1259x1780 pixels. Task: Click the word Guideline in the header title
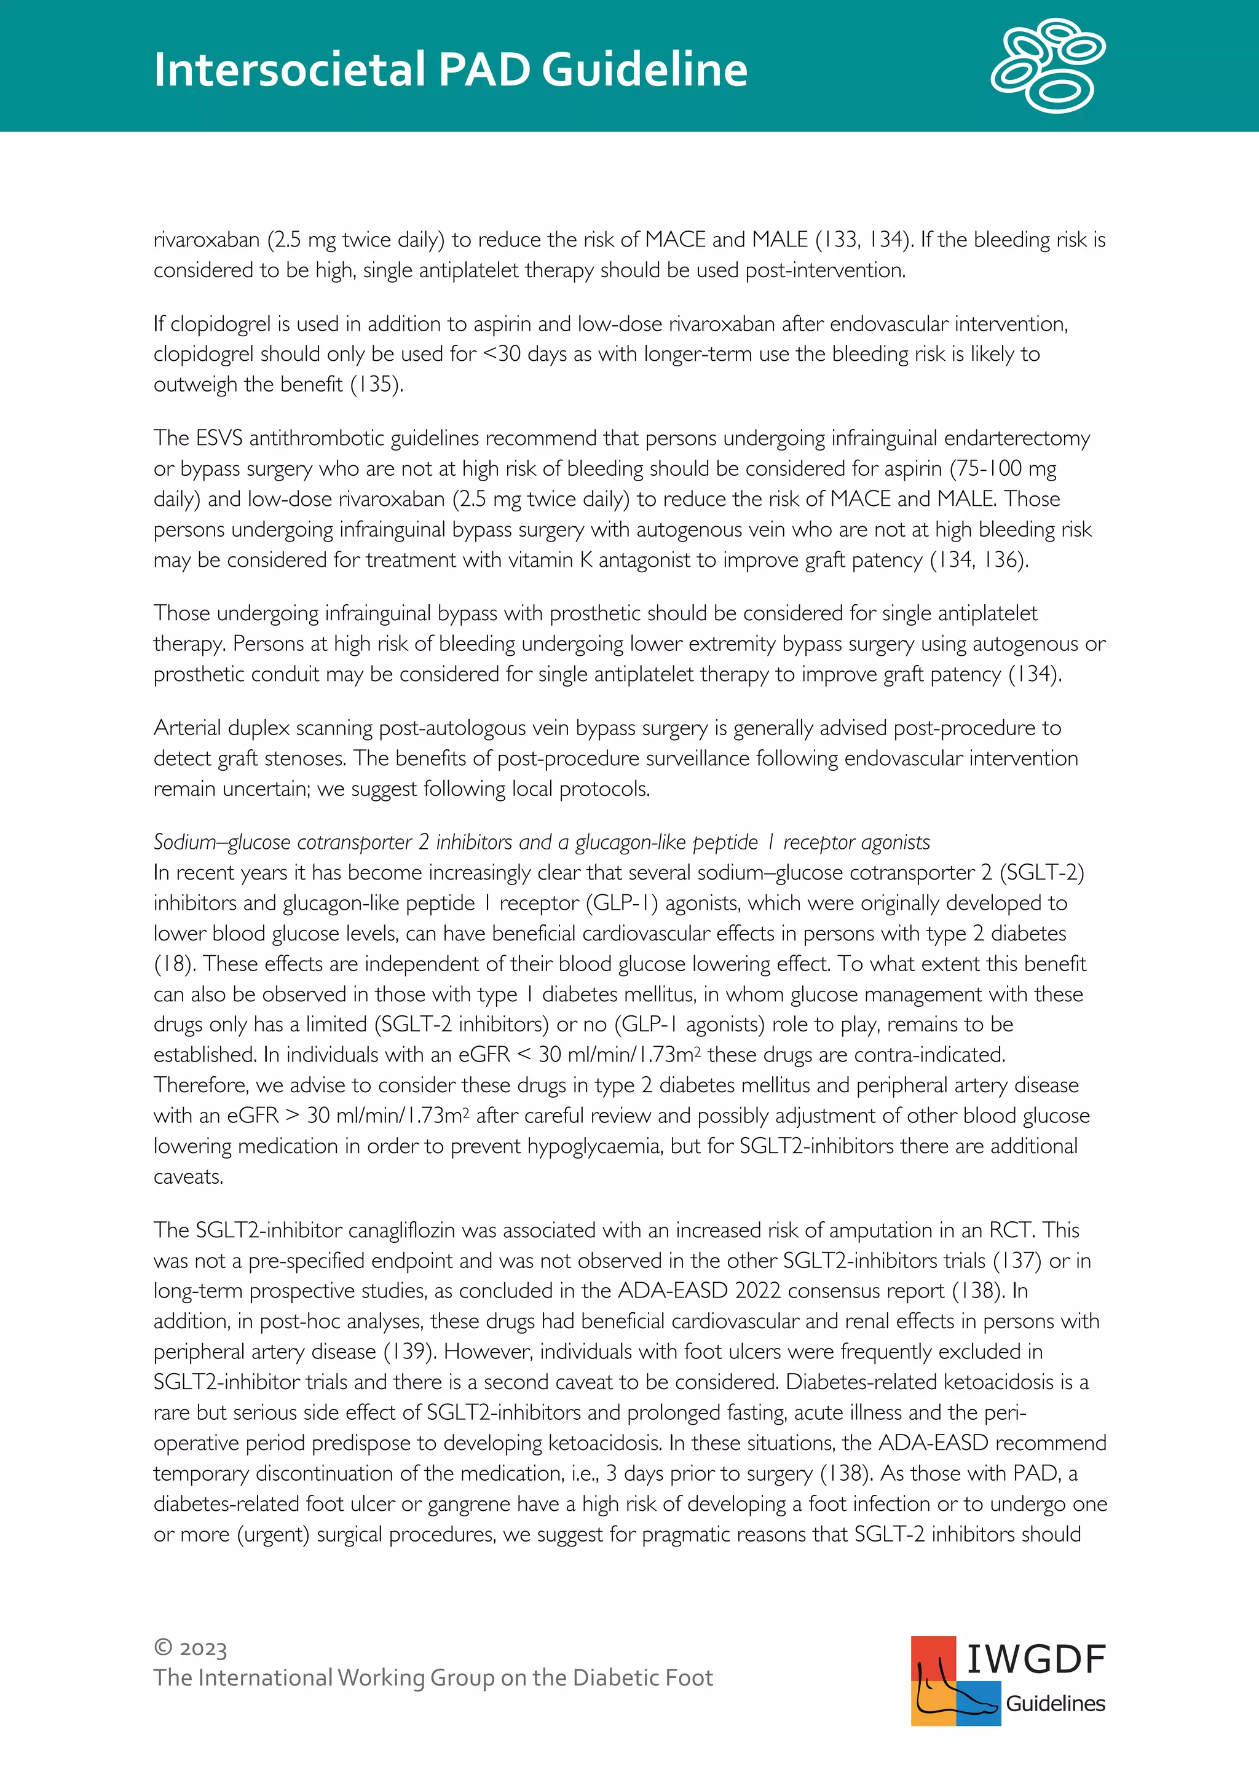tap(644, 70)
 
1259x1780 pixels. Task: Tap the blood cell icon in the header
tap(1048, 65)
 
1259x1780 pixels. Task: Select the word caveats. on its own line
tap(188, 1177)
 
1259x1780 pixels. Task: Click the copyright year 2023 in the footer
tap(202, 1649)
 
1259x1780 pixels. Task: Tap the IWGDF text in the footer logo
tap(1035, 1659)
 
